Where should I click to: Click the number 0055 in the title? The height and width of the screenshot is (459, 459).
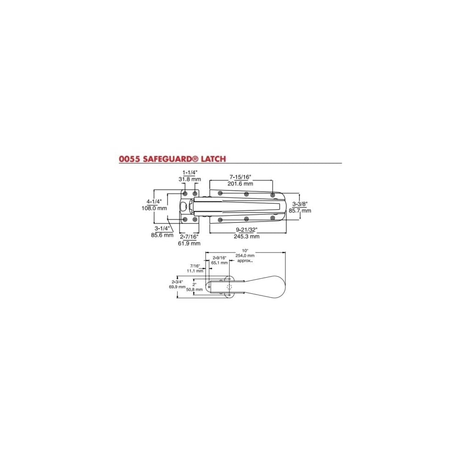coord(129,159)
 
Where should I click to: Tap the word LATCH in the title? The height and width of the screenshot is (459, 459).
coord(212,159)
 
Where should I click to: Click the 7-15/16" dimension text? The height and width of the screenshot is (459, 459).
coord(241,177)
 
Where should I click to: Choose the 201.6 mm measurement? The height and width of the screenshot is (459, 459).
coord(241,183)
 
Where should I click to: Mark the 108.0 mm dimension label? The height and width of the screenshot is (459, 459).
coord(154,208)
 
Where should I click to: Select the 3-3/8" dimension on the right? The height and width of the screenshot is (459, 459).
coord(300,204)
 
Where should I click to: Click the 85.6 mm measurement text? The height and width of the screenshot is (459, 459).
coord(162,235)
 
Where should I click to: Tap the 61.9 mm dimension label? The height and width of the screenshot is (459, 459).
coord(189,243)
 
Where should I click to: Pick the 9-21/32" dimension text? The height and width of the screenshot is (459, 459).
coord(247,230)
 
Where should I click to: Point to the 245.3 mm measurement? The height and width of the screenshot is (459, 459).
coord(247,236)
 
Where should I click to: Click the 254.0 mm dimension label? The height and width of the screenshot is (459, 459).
coord(244,256)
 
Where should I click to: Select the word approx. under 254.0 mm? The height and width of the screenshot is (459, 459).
coord(245,260)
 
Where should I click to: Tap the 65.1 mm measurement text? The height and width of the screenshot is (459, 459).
coord(219,263)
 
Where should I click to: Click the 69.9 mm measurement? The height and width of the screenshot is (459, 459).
coord(177,287)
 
